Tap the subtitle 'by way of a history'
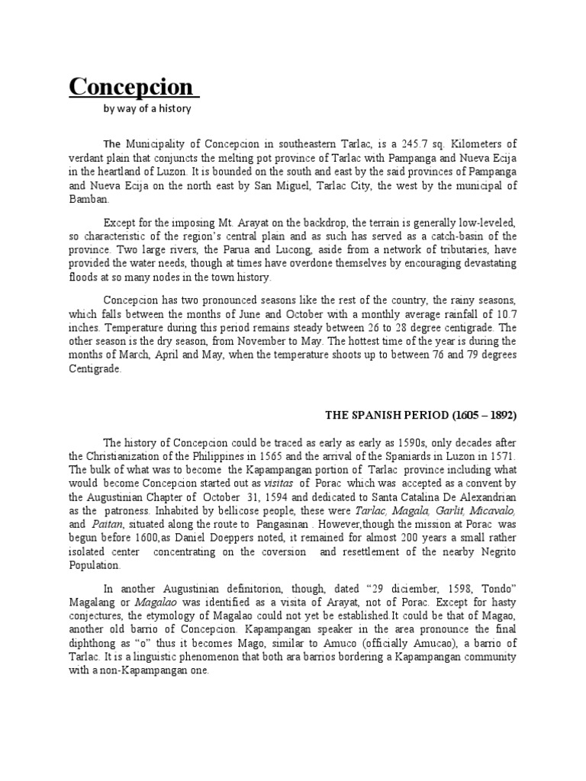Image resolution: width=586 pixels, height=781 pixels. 147,109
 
